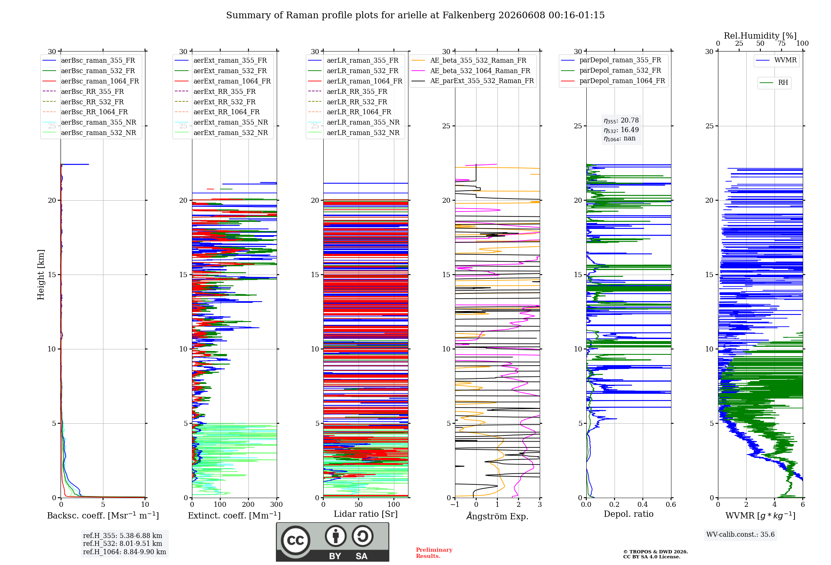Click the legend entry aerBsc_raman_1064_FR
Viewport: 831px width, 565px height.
[91, 81]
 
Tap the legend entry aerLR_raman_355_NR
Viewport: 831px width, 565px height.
[354, 122]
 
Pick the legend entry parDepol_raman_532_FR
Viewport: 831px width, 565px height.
[611, 71]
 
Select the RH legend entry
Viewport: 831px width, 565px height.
[774, 83]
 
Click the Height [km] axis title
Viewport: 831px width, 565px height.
[41, 275]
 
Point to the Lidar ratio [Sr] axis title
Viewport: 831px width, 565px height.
[366, 514]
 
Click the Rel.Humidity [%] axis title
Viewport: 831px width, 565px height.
[760, 36]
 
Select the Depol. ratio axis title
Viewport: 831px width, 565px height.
[629, 514]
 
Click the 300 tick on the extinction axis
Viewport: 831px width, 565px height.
[277, 504]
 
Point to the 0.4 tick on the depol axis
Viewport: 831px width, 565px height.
[643, 504]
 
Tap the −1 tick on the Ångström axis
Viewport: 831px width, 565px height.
[455, 504]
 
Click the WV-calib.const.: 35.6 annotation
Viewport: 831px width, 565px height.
[740, 534]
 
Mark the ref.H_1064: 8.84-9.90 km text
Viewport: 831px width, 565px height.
[125, 552]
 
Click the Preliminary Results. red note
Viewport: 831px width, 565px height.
[434, 553]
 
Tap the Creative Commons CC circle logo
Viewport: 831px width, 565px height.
[295, 540]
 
